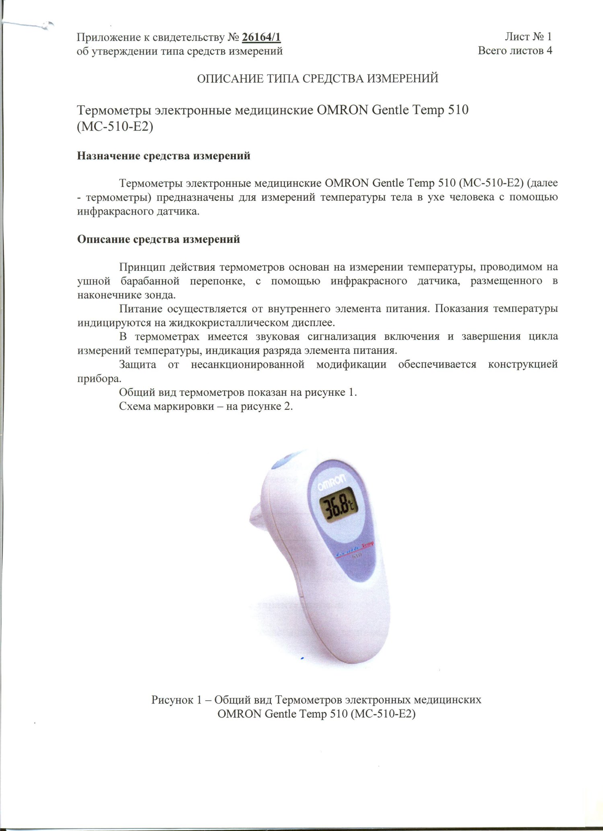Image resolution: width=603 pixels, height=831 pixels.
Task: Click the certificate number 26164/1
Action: point(261,37)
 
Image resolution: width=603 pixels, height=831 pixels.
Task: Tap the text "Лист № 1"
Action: point(528,37)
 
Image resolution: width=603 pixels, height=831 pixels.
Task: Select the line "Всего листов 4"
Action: point(515,51)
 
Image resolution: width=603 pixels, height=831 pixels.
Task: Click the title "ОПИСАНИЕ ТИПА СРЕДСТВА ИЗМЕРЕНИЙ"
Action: point(317,78)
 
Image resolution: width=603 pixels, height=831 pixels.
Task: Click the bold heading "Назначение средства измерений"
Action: point(164,156)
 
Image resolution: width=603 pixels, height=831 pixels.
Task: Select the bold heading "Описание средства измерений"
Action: point(158,239)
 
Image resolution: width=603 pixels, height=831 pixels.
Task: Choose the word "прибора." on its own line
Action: point(98,378)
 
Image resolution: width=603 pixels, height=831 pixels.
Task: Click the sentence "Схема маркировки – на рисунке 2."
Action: point(206,406)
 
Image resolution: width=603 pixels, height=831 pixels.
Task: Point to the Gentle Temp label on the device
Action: point(355,546)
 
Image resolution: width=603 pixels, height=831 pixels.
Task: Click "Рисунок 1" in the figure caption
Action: point(176,700)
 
